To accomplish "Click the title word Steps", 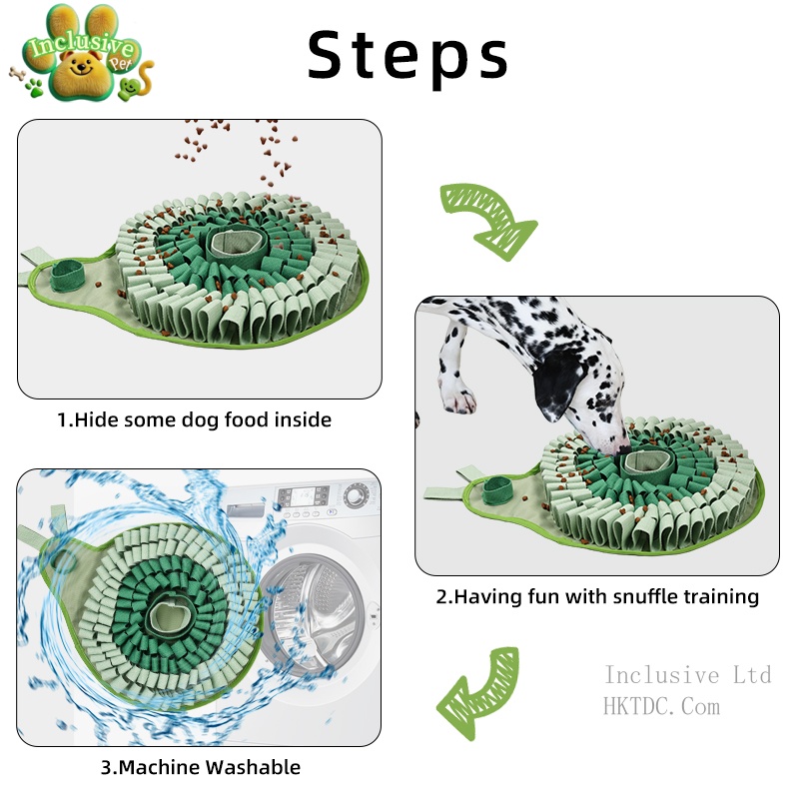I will [407, 55].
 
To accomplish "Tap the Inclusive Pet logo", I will [80, 60].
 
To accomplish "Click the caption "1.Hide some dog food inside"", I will [194, 419].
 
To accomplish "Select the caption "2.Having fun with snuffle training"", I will [597, 597].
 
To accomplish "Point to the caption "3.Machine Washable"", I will [200, 767].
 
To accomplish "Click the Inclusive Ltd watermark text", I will [687, 676].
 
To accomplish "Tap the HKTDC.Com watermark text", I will [661, 707].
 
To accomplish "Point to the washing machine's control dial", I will [355, 495].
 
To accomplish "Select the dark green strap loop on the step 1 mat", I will [70, 272].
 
